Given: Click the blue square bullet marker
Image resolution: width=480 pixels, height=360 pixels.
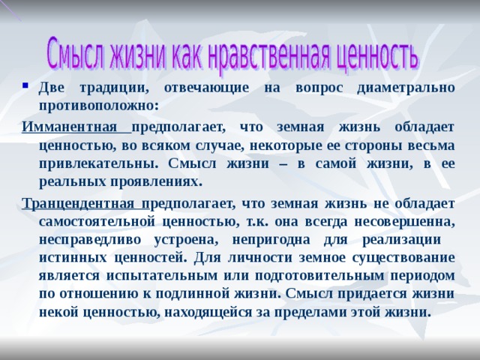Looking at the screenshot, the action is (x=25, y=85).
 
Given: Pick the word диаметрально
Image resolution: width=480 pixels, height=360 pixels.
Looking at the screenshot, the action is (x=406, y=88).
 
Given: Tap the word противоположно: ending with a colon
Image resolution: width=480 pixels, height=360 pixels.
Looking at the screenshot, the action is (x=99, y=106).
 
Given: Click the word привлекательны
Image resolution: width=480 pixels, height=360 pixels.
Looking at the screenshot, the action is (x=99, y=163).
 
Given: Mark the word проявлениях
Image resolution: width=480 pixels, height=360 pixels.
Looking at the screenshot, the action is (x=157, y=181).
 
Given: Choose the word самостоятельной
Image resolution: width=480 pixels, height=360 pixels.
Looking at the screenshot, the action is (x=97, y=222).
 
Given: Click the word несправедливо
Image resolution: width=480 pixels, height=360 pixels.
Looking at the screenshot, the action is (x=90, y=240).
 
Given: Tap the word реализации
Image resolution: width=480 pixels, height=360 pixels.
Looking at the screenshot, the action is (x=402, y=240).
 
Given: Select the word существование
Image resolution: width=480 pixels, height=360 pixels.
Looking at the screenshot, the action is (x=403, y=258).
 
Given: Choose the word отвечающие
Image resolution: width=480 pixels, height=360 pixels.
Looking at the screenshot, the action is (x=207, y=88).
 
